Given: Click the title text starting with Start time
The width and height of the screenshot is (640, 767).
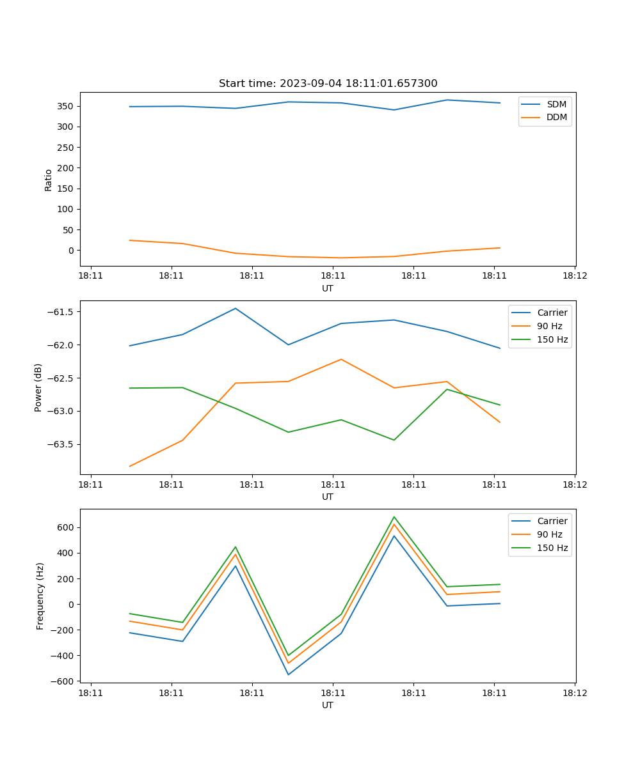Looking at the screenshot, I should (328, 84).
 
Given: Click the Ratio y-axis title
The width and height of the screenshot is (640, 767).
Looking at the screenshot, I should (49, 180).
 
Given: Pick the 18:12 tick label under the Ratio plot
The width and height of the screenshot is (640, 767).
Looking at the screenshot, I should (575, 276).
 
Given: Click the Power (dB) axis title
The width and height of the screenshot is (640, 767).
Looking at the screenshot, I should (38, 387).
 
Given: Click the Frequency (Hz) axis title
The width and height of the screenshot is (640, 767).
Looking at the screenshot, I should (40, 596).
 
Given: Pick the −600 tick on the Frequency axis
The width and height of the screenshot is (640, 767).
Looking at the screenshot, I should (64, 681).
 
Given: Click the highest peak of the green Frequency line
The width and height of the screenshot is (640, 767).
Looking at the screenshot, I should (394, 516).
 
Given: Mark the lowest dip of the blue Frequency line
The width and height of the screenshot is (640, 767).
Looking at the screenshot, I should (288, 674).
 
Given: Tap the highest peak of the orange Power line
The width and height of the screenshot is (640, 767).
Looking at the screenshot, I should (341, 359).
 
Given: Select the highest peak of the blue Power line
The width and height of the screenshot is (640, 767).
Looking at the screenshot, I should (236, 308).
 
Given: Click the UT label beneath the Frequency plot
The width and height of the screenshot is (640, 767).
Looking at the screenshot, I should (327, 705).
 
